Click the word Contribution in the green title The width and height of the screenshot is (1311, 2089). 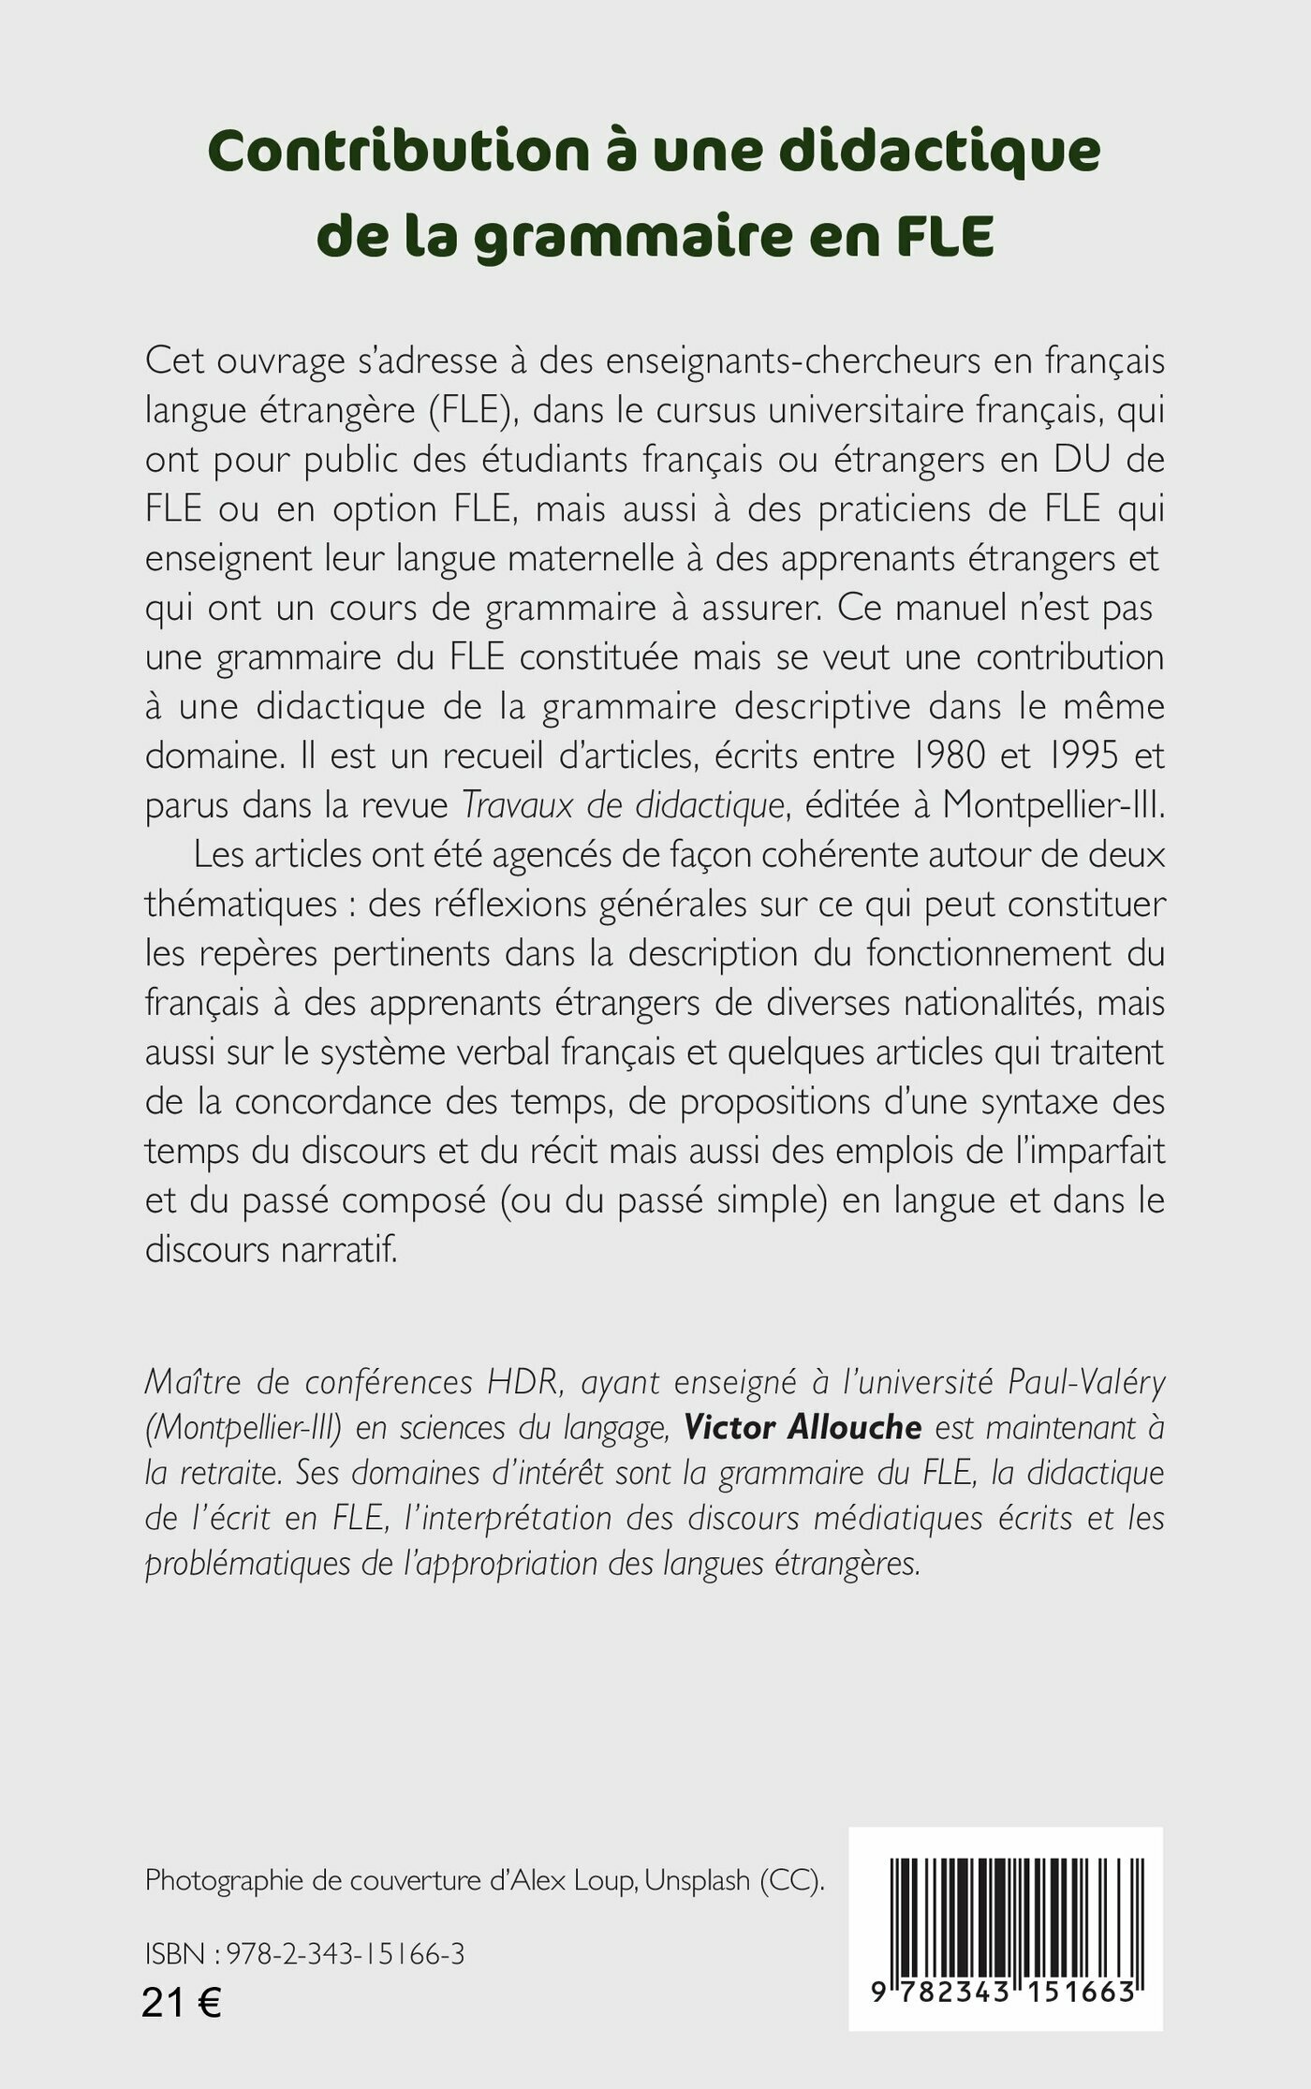(x=397, y=152)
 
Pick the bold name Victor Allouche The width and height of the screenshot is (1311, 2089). (x=803, y=1427)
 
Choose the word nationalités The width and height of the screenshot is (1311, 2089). (x=993, y=1003)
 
